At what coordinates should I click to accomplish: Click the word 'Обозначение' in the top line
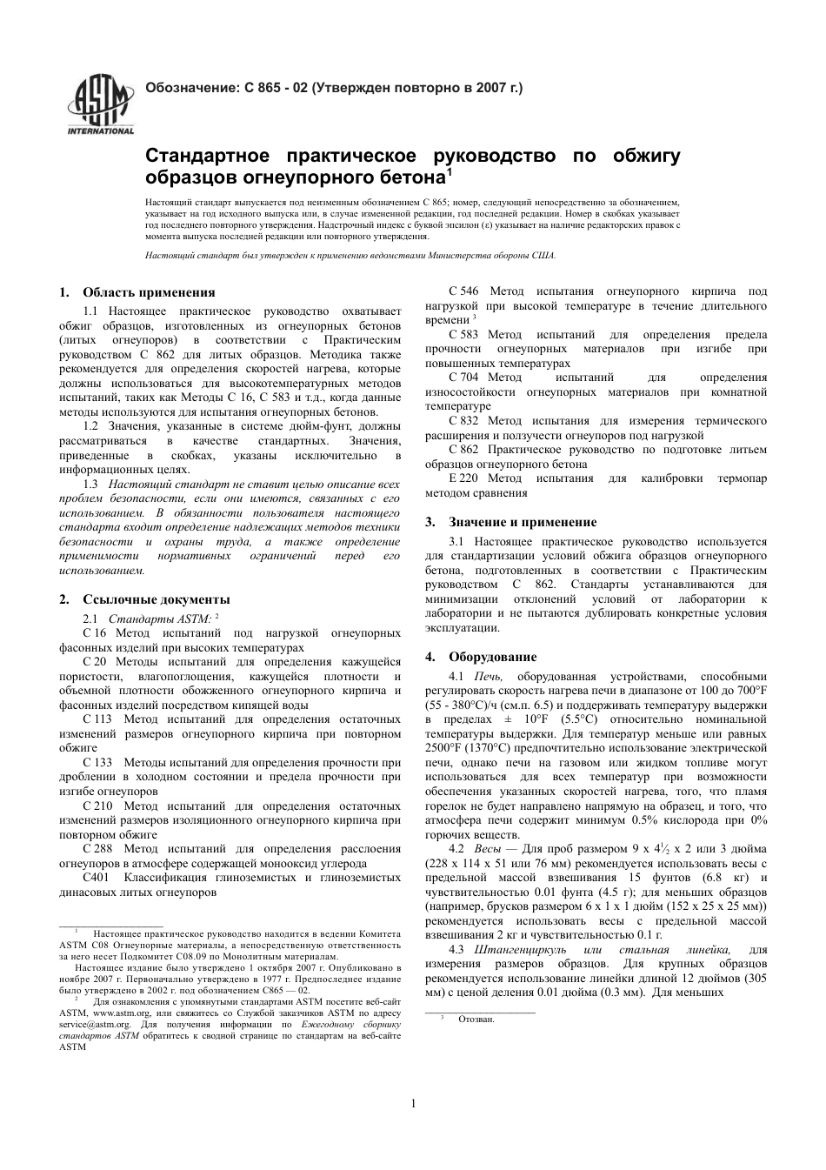point(188,88)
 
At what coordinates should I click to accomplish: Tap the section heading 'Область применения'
point(149,292)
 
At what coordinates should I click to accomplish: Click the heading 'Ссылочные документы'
point(157,599)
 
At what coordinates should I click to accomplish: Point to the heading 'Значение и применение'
point(523,522)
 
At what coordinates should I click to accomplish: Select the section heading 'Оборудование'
point(492,657)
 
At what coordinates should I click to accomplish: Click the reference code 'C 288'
point(97,849)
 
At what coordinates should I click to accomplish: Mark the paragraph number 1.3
point(90,485)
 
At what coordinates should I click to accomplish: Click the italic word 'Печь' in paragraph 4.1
point(487,676)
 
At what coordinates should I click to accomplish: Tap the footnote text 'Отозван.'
point(476,1019)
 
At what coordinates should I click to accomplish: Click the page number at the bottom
point(413,1105)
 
